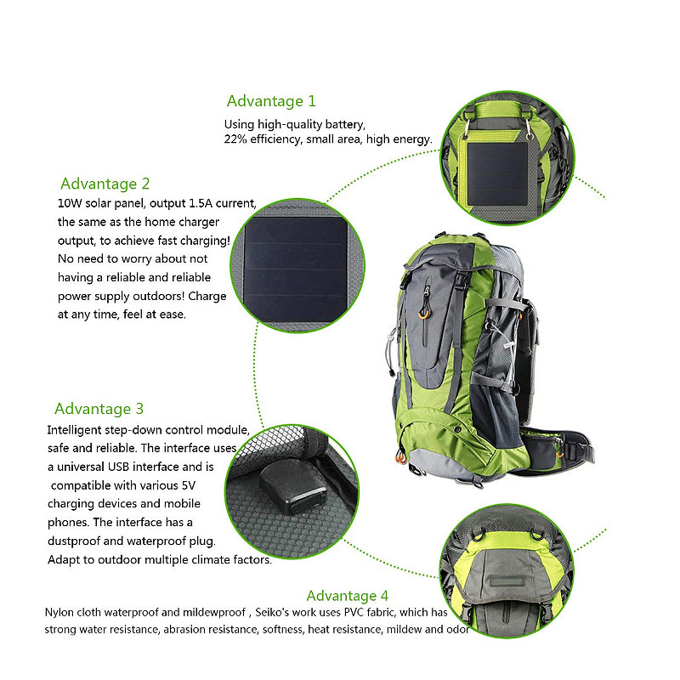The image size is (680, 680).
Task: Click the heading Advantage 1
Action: [x=271, y=101]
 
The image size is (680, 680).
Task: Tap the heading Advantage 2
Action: [x=105, y=184]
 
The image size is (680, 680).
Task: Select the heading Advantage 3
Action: [x=99, y=409]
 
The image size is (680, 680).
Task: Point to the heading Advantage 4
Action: [x=348, y=596]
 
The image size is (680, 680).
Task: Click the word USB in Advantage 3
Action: [x=118, y=467]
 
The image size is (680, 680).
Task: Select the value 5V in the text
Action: [x=188, y=485]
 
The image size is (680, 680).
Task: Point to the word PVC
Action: [x=354, y=612]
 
